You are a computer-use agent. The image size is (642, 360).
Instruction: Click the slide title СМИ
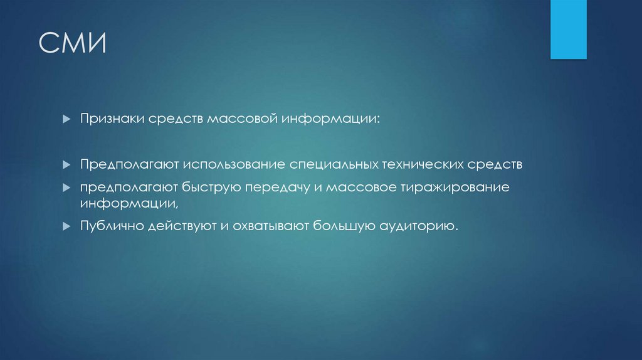point(73,45)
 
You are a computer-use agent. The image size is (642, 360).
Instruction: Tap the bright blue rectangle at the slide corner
point(568,29)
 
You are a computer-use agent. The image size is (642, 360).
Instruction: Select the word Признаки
point(110,119)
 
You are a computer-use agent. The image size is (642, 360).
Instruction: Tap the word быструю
point(211,188)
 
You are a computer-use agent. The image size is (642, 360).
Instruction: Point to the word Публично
point(111,226)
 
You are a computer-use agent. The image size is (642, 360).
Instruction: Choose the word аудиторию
point(418,226)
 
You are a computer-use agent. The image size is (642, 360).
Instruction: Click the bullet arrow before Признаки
point(66,119)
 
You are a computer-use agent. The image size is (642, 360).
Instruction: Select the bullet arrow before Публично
point(66,226)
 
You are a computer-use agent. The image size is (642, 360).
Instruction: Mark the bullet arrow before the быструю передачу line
point(66,188)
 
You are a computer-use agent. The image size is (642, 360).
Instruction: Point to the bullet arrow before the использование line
point(66,165)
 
